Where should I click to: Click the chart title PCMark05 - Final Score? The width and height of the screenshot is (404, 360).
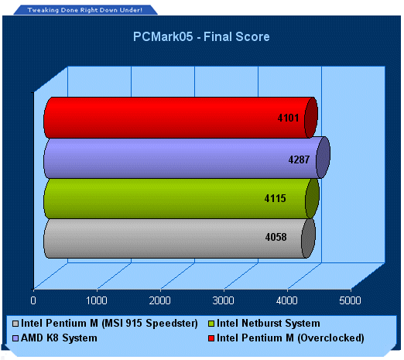201,36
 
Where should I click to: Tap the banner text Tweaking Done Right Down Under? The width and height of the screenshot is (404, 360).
85,10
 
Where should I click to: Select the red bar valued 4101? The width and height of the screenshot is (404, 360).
180,118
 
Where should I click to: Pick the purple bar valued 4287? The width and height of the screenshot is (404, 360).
187,158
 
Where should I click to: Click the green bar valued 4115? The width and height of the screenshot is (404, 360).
181,199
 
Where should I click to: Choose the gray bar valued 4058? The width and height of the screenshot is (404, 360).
180,238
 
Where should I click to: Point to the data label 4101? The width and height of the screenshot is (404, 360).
288,118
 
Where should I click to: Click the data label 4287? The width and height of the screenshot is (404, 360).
299,159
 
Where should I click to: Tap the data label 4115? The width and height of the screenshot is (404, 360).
276,198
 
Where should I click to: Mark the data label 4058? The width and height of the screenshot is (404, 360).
276,237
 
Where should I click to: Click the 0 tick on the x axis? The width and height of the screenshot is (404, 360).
33,300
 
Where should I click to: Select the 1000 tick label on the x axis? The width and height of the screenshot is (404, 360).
97,300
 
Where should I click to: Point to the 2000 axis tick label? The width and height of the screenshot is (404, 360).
159,300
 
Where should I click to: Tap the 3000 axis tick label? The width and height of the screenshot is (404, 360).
223,300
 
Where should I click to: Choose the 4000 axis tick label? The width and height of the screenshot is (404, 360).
286,300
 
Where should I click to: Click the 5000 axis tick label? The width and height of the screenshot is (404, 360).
350,300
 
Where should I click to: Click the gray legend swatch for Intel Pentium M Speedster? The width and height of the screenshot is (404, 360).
15,324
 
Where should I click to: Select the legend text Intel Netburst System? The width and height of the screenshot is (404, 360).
269,323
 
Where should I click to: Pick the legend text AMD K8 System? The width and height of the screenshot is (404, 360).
59,338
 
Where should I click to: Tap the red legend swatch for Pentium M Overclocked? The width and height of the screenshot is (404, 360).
211,338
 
